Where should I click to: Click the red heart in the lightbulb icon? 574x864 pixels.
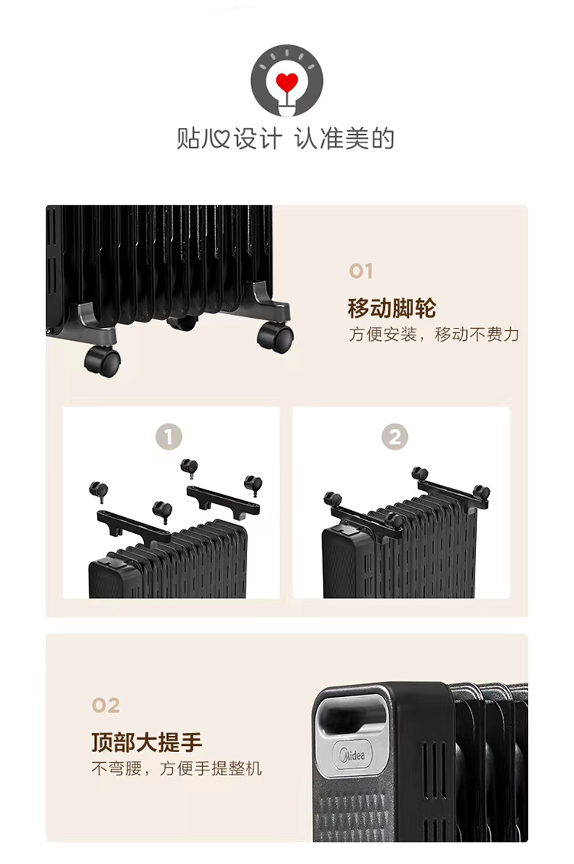[287, 82]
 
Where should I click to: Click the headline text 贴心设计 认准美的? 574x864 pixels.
[285, 139]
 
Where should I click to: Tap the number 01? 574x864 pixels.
[361, 271]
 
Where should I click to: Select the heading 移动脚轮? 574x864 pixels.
[392, 308]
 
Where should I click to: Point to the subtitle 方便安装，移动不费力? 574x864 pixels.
[434, 335]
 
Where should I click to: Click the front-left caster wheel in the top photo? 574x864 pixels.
[103, 362]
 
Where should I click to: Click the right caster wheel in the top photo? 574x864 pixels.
[276, 337]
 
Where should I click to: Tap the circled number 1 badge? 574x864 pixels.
[168, 437]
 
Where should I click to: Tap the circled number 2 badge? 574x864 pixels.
[395, 437]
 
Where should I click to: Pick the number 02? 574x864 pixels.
[106, 705]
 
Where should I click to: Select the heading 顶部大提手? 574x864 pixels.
[146, 742]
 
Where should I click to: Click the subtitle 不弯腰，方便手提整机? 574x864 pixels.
[177, 768]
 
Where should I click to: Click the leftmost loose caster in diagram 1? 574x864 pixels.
[99, 491]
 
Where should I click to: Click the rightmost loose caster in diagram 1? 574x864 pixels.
[253, 485]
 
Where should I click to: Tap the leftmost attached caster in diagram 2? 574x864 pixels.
[332, 499]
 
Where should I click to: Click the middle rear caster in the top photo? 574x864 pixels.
[183, 322]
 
